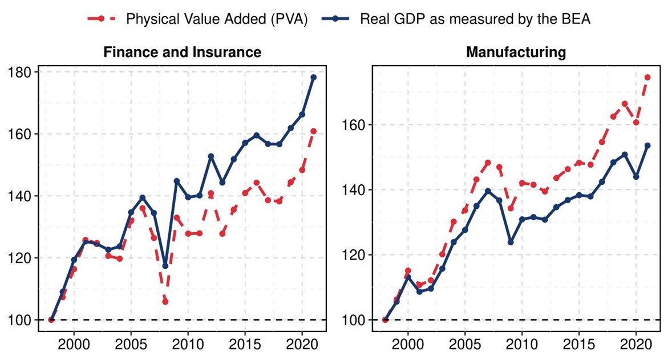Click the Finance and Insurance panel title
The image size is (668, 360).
(x=182, y=52)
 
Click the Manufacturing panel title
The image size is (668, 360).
(x=516, y=52)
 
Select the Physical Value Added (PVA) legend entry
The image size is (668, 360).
(x=216, y=19)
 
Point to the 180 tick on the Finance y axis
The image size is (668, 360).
(x=22, y=72)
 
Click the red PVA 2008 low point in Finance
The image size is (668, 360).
(x=165, y=302)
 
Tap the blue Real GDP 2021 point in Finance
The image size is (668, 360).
(x=313, y=77)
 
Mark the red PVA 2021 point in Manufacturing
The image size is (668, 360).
(x=647, y=77)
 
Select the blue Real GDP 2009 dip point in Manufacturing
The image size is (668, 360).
(x=511, y=242)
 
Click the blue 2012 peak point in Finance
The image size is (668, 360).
(x=210, y=156)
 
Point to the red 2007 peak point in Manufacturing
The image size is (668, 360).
(x=488, y=163)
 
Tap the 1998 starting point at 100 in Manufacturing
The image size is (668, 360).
(x=385, y=319)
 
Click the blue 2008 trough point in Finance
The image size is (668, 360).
(x=165, y=266)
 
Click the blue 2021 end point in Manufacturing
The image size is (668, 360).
(x=647, y=145)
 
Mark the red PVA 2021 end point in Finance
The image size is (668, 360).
(x=313, y=131)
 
